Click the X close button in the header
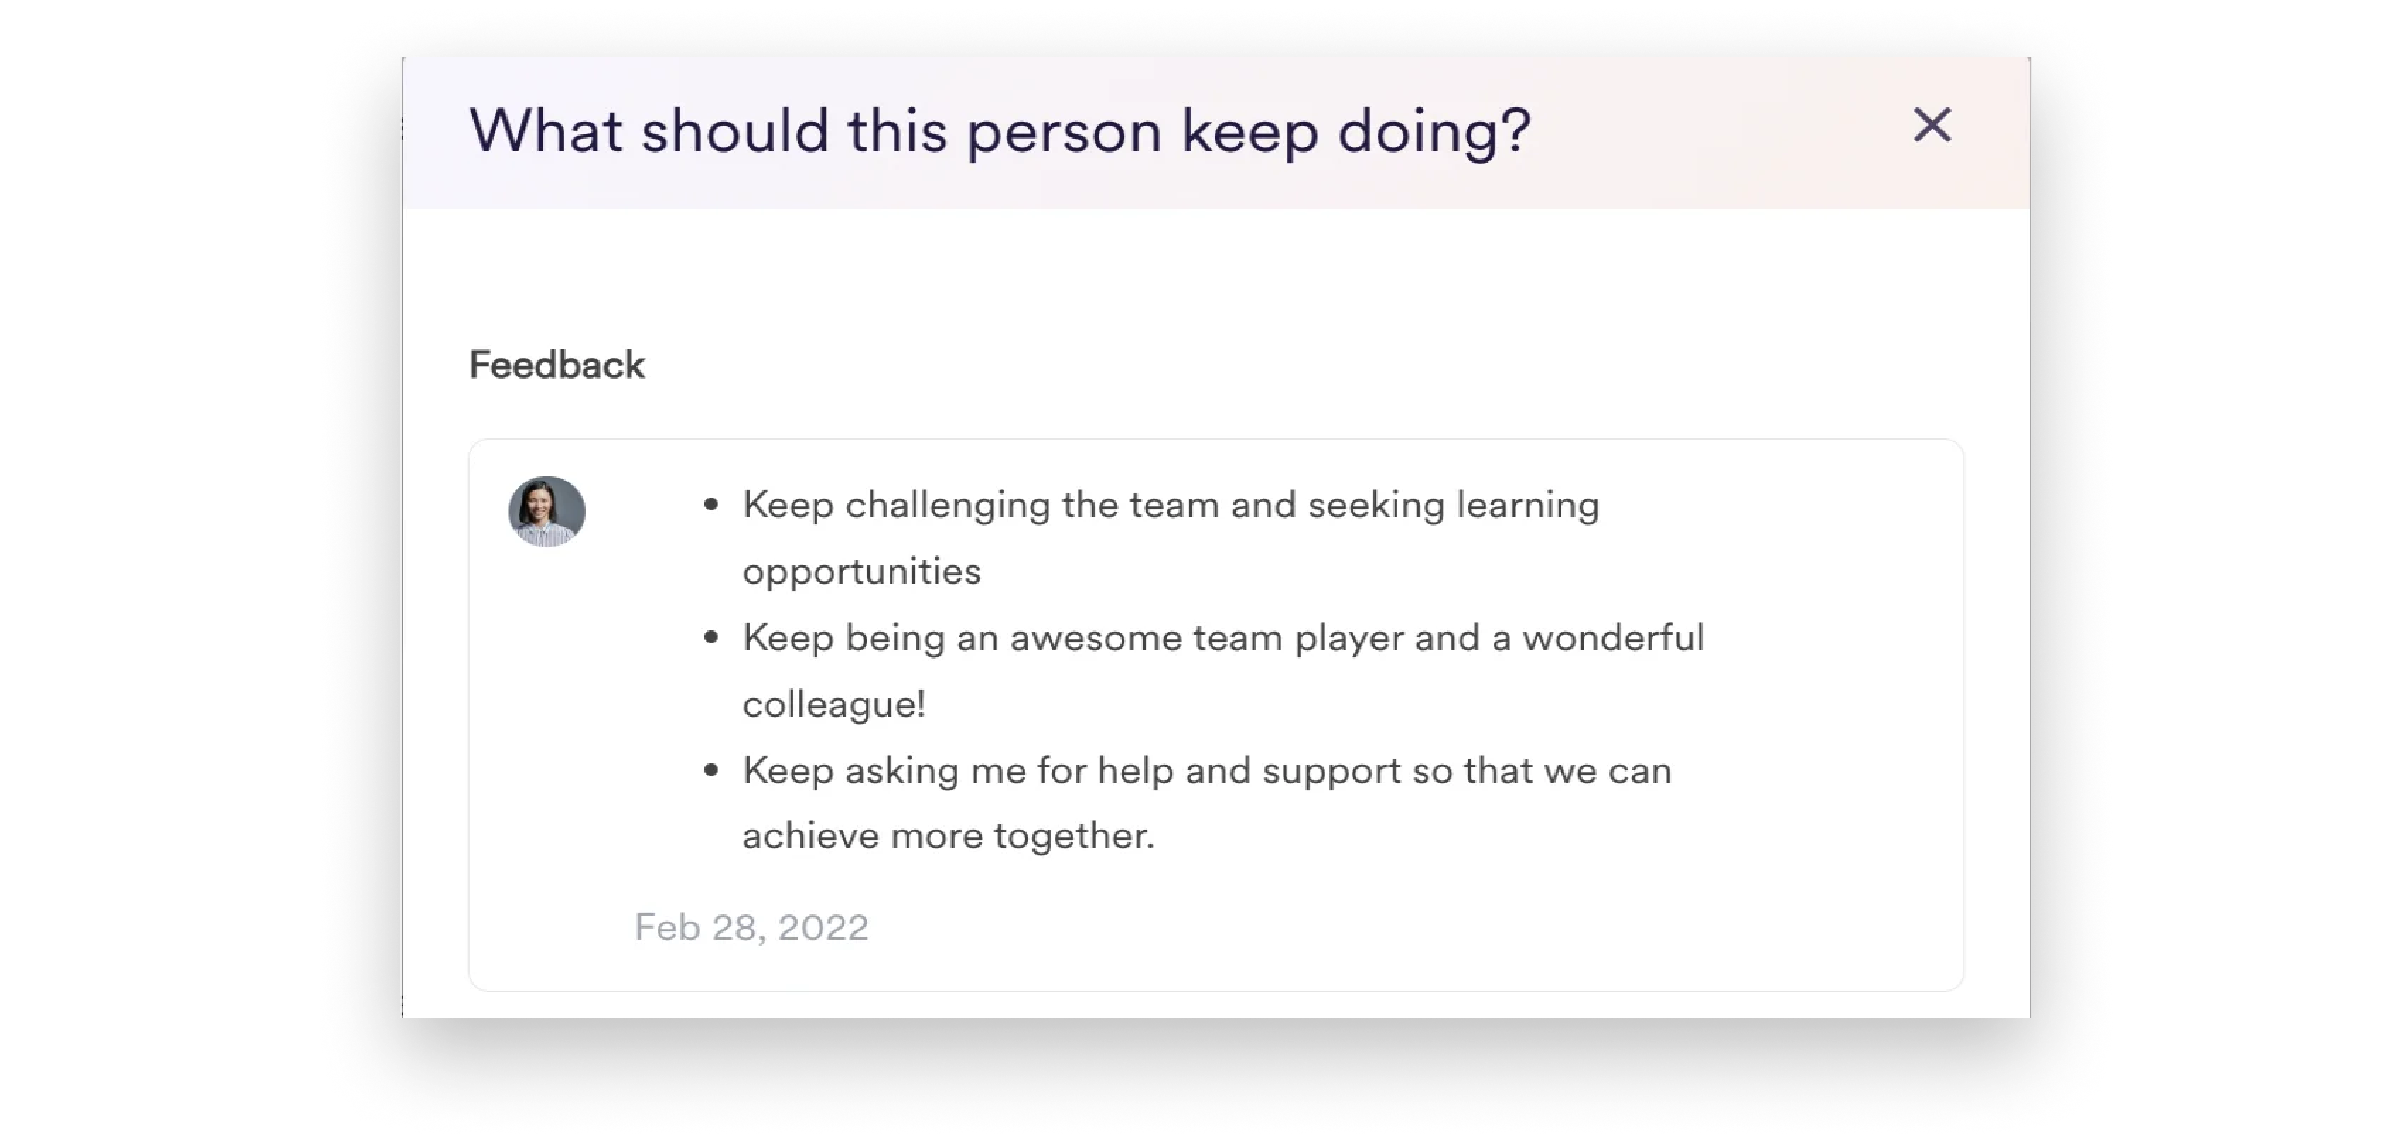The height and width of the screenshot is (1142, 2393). [x=1932, y=124]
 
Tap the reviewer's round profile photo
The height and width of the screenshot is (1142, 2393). [x=546, y=512]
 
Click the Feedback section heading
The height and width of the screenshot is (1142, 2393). [x=557, y=365]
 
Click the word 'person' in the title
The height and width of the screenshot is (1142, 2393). [x=1064, y=133]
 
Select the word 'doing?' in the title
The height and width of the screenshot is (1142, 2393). [x=1434, y=133]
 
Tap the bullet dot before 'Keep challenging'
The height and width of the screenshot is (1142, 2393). [x=711, y=505]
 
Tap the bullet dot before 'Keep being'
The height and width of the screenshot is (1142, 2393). [x=711, y=638]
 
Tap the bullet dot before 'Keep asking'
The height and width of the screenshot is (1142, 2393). [x=711, y=770]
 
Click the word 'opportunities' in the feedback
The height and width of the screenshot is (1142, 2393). [x=862, y=572]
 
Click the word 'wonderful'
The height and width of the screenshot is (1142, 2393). [x=1614, y=638]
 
